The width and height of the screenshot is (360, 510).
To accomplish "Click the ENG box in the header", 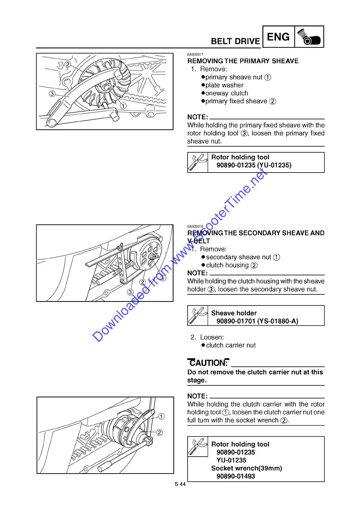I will (278, 37).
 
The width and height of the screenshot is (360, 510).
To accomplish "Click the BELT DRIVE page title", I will (235, 41).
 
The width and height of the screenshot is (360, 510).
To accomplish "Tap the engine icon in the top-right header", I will (309, 37).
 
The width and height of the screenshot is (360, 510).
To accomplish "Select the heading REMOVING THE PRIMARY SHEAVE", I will (243, 61).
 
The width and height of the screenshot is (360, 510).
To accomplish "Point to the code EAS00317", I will (195, 54).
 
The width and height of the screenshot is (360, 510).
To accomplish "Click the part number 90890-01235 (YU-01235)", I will (254, 165).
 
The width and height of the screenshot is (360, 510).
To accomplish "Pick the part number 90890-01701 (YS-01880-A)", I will (257, 321).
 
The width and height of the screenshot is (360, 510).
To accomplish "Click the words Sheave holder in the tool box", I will (234, 313).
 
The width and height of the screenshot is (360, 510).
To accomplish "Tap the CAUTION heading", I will (208, 363).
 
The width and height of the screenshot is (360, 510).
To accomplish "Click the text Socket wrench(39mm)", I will (246, 468).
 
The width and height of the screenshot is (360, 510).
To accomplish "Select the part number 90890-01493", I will (235, 476).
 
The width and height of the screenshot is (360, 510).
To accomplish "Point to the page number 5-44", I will (180, 484).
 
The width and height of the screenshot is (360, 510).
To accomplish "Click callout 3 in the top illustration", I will (52, 94).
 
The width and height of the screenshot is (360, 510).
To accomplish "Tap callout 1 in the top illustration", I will (123, 106).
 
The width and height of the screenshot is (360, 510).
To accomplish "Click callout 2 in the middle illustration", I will (142, 282).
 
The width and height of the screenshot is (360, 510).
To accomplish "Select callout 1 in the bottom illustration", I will (162, 416).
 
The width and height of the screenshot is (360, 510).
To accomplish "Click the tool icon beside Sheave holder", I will (198, 315).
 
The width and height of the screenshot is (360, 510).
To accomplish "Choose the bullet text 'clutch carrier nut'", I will (231, 345).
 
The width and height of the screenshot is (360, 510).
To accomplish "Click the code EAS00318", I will (195, 226).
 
